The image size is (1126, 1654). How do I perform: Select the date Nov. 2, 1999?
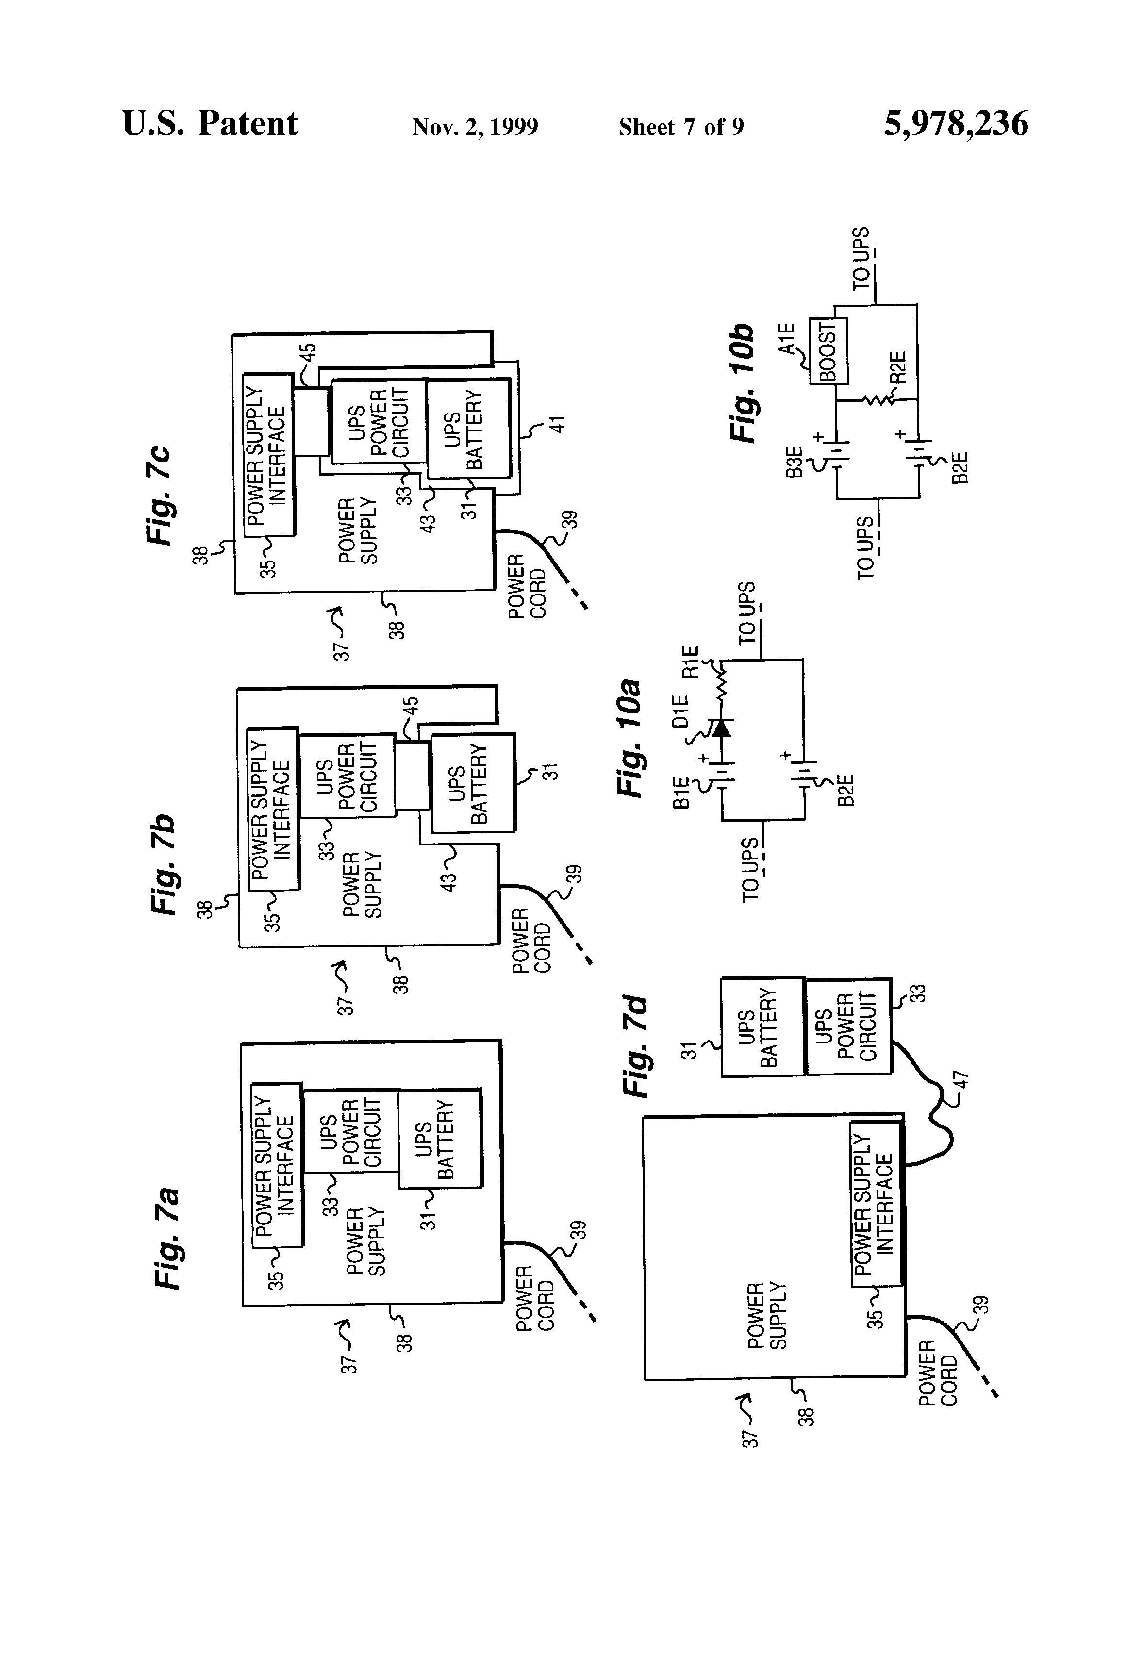pos(475,127)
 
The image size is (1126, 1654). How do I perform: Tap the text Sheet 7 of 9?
pos(681,127)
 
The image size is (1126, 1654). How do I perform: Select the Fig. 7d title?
pos(636,1046)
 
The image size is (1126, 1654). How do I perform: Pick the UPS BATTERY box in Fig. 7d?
pos(763,1027)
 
